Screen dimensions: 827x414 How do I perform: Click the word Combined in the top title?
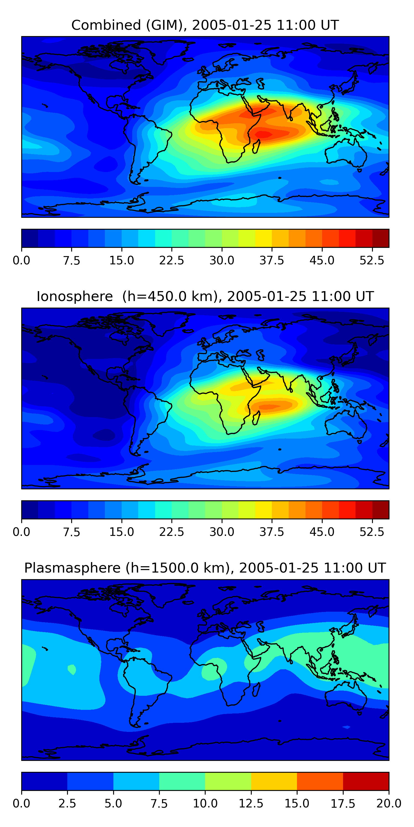106,25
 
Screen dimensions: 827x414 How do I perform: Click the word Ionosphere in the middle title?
75,296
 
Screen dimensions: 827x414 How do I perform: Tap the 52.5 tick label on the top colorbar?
372,260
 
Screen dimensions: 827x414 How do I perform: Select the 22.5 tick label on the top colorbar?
172,260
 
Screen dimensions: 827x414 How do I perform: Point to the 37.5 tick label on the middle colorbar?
272,532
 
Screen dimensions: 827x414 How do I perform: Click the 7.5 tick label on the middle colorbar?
71,532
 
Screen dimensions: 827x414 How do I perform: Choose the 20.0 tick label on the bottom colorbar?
389,803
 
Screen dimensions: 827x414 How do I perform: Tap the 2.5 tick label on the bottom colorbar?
67,803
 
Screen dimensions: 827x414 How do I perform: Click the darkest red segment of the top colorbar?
381,238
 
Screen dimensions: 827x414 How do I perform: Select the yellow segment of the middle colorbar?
264,509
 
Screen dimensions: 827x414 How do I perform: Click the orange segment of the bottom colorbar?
320,781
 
